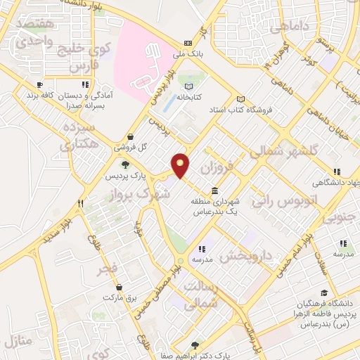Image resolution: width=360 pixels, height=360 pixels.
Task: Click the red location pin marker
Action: [x=181, y=165]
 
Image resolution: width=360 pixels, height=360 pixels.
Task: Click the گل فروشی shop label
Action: [x=132, y=148]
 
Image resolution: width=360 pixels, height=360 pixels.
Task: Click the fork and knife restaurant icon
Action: [x=81, y=203]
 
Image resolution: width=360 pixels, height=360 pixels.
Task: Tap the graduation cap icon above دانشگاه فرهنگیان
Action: [x=324, y=292]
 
